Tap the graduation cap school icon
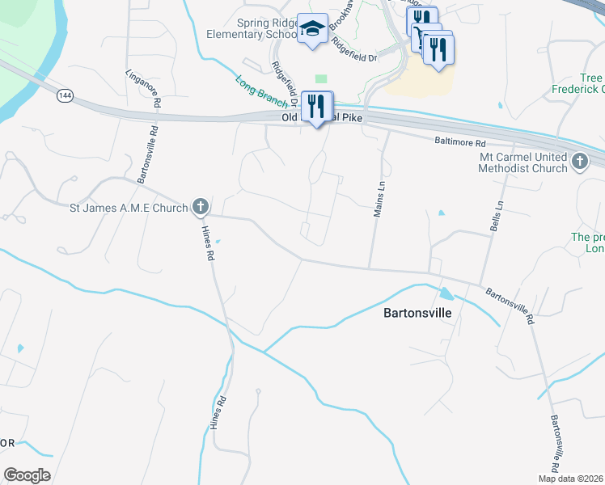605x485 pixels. pos(311,29)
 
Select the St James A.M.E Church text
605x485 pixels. pos(127,208)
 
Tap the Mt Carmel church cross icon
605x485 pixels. pos(579,162)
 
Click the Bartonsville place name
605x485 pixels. pos(417,311)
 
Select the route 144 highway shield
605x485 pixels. pos(66,95)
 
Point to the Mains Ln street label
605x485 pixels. pos(377,199)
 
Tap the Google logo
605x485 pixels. pos(27,475)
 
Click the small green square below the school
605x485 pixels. pos(322,78)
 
